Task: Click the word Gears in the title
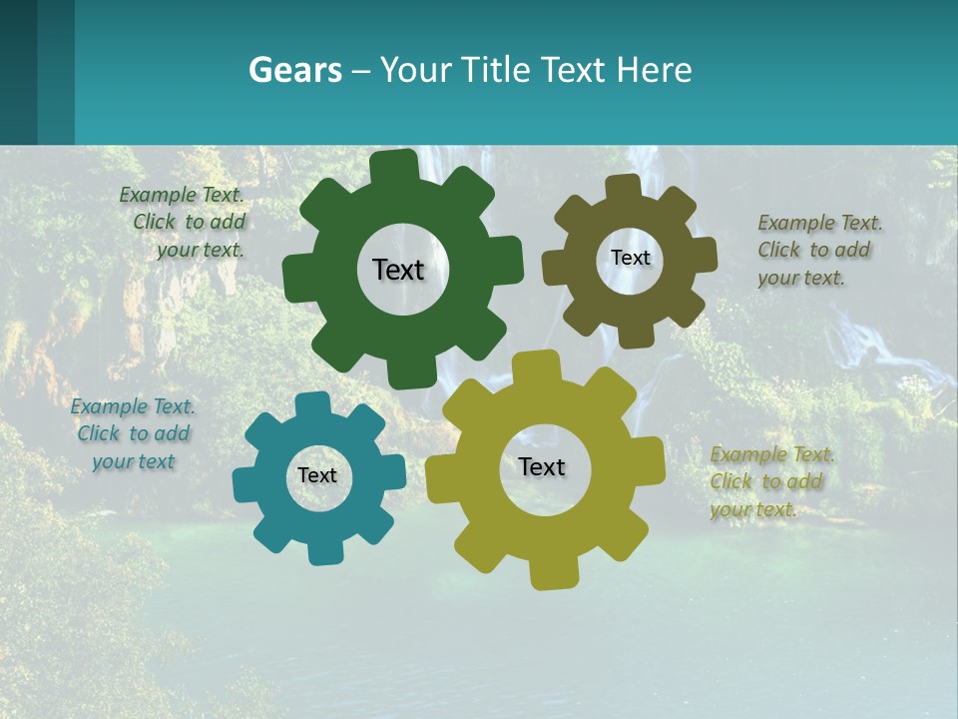(295, 71)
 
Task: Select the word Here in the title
(654, 71)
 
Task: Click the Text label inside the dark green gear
(398, 270)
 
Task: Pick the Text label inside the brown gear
(630, 258)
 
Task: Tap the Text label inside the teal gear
(317, 475)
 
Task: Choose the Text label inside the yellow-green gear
(542, 466)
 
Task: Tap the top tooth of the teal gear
(313, 405)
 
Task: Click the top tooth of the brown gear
(624, 189)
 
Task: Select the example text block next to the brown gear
(819, 250)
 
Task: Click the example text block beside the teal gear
(133, 433)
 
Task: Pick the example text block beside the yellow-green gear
(771, 481)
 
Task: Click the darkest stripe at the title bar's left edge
(18, 72)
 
